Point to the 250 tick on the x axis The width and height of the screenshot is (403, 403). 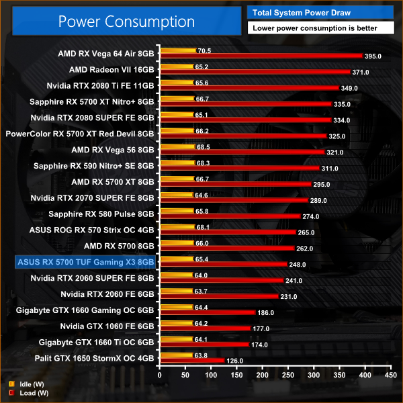point(287,376)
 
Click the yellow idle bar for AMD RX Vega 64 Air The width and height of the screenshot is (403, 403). point(177,50)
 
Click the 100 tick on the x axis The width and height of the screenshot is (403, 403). point(210,376)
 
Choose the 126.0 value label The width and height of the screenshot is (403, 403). point(234,361)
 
